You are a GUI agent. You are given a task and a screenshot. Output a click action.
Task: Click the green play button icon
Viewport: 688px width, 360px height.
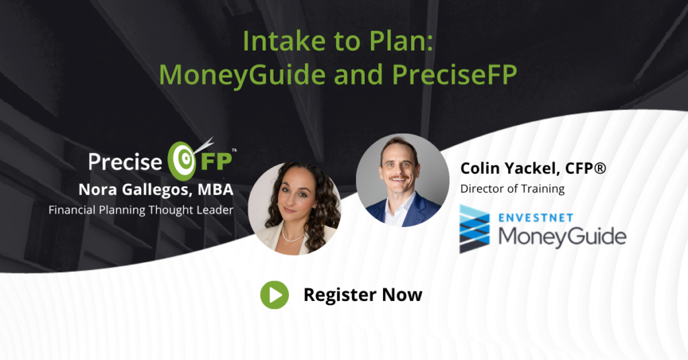click(x=275, y=295)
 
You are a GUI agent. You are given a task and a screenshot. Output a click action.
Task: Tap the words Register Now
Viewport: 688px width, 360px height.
click(x=363, y=295)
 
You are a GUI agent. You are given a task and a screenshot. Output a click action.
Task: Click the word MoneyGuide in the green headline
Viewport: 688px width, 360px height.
click(x=243, y=75)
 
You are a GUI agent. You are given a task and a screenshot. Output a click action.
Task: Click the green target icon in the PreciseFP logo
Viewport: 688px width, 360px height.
click(x=182, y=161)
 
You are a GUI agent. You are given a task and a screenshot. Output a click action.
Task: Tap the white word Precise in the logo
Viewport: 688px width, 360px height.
click(x=126, y=161)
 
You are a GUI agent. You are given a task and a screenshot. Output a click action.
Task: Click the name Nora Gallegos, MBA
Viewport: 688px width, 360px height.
click(x=156, y=189)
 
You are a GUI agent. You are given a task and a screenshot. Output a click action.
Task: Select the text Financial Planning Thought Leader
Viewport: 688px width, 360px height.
click(x=141, y=210)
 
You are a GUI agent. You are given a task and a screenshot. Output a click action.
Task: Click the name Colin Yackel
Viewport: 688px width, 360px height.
click(x=510, y=169)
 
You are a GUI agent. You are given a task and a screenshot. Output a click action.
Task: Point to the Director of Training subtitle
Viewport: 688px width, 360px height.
click(x=513, y=189)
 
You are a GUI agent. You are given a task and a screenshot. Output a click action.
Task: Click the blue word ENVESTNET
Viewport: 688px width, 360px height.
click(x=535, y=218)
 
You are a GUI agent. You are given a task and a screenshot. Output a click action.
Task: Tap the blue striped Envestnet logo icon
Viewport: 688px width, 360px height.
click(x=474, y=228)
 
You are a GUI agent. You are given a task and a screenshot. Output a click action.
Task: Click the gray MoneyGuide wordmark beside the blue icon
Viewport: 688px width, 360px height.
click(x=562, y=237)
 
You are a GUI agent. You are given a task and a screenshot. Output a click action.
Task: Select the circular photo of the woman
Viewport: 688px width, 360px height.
click(x=294, y=208)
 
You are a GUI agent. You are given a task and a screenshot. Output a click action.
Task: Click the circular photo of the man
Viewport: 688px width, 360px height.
click(x=402, y=180)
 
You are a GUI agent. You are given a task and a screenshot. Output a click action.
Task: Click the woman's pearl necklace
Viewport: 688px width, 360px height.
click(x=293, y=237)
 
